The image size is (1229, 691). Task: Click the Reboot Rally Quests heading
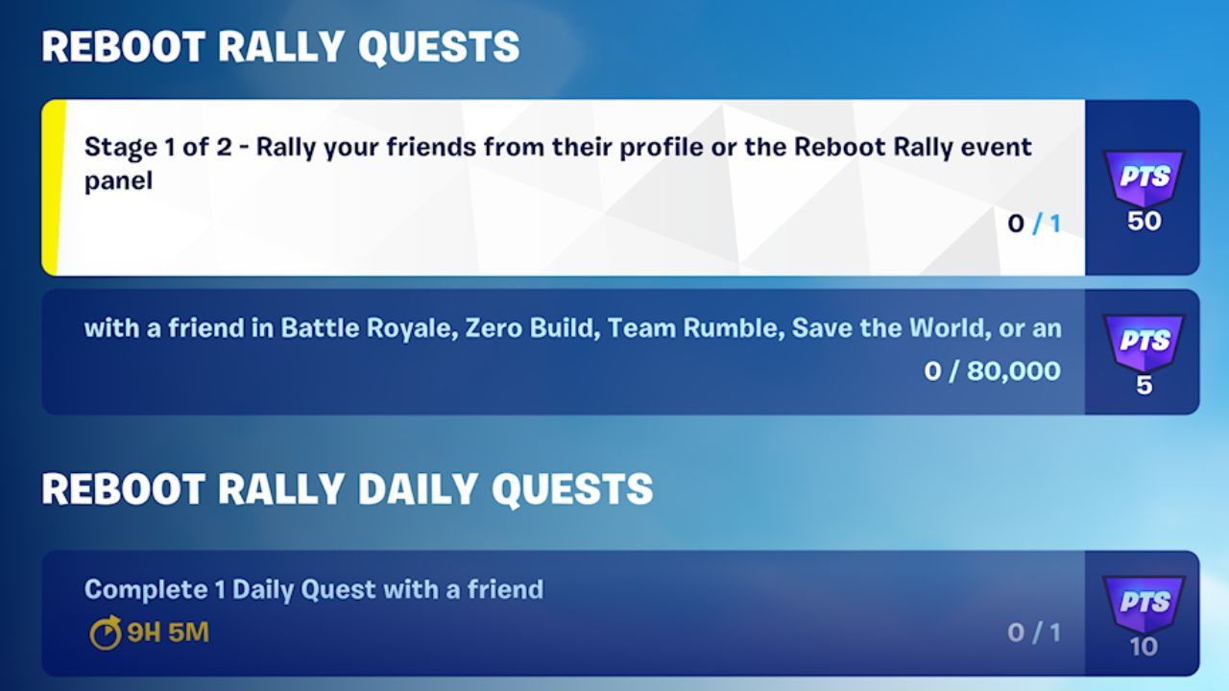pyautogui.click(x=280, y=47)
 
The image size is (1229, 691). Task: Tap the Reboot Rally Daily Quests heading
pyautogui.click(x=347, y=489)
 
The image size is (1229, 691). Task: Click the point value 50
pyautogui.click(x=1144, y=221)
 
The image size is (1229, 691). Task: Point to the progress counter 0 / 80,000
pyautogui.click(x=993, y=371)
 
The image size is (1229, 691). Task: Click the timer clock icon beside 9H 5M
pyautogui.click(x=105, y=633)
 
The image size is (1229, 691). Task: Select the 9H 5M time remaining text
pyautogui.click(x=168, y=633)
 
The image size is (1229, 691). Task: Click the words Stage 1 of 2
pyautogui.click(x=158, y=147)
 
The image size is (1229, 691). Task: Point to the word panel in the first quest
pyautogui.click(x=118, y=180)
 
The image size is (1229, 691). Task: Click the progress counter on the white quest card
pyautogui.click(x=1034, y=225)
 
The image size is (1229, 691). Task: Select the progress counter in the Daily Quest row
pyautogui.click(x=1034, y=632)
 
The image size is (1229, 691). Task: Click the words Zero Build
pyautogui.click(x=529, y=328)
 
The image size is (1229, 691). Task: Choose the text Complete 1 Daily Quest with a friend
pyautogui.click(x=314, y=589)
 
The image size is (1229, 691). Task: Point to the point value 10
pyautogui.click(x=1143, y=646)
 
